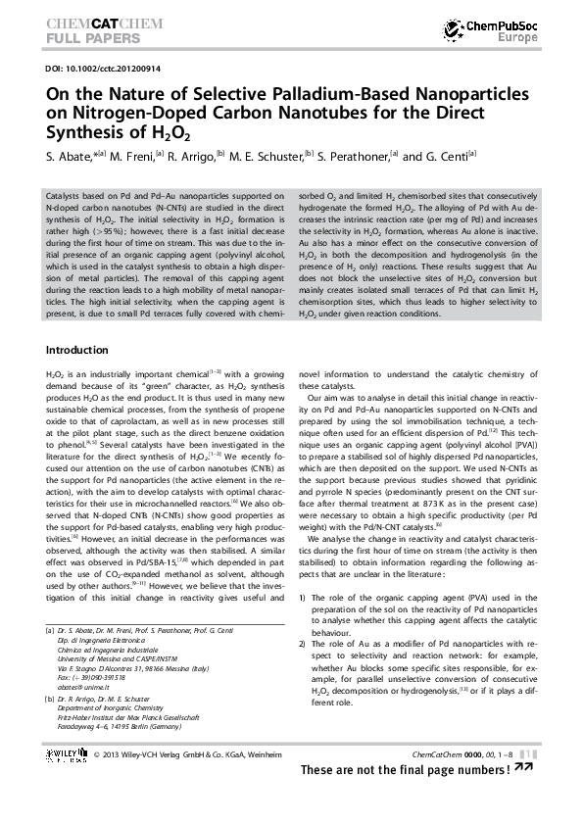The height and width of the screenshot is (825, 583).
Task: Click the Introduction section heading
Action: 77,350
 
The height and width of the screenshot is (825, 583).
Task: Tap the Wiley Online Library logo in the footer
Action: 67,753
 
